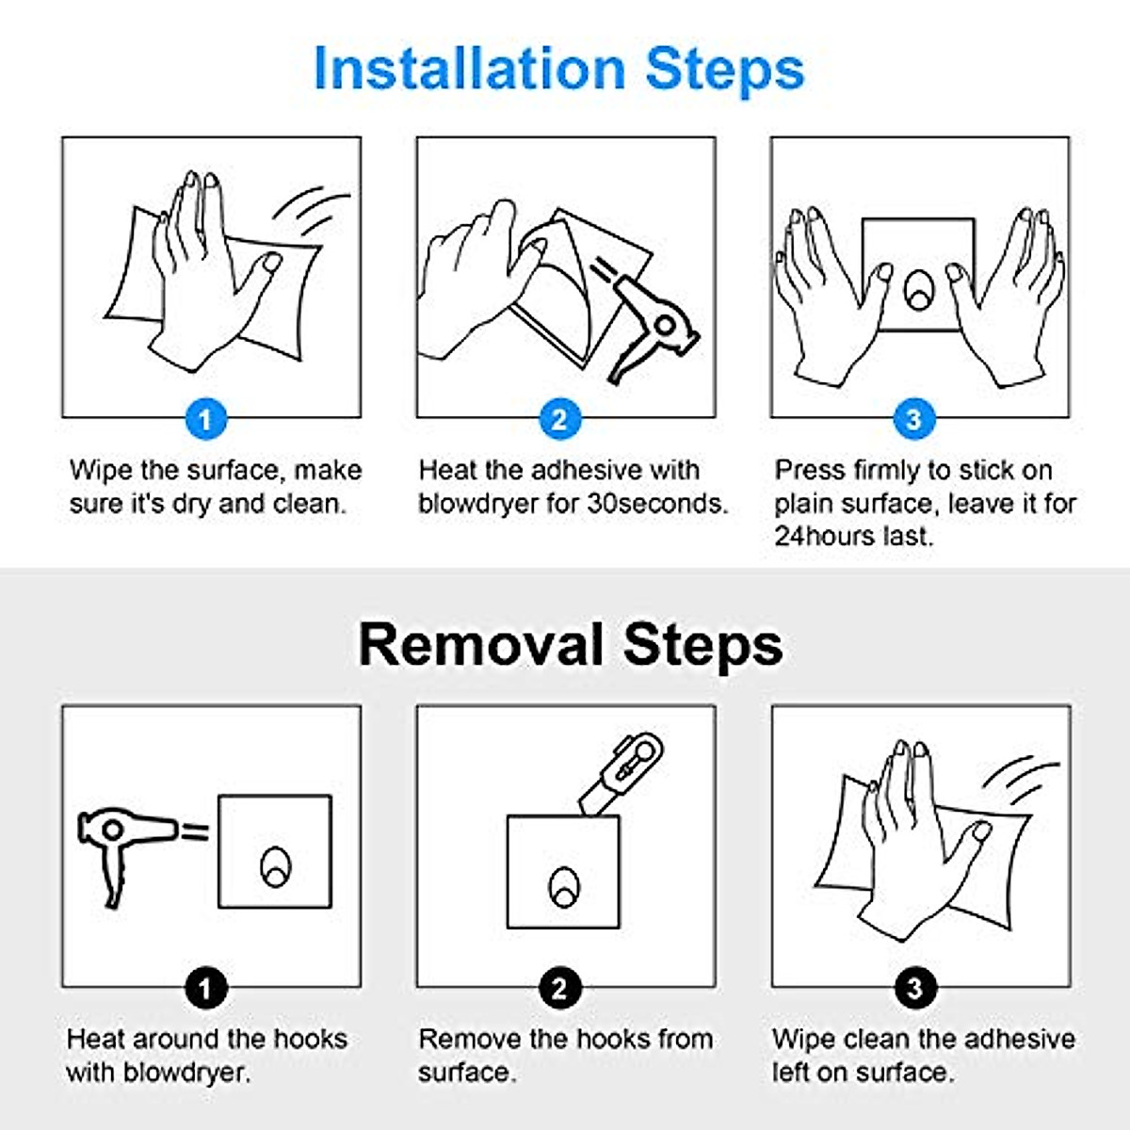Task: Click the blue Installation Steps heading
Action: tap(559, 68)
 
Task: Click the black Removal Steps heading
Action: tap(570, 645)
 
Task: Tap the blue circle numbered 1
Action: tap(206, 418)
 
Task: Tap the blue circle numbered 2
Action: tap(559, 418)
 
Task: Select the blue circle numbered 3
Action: tap(913, 418)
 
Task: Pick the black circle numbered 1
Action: tap(206, 988)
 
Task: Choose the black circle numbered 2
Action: tap(559, 988)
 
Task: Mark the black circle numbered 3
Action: tap(913, 988)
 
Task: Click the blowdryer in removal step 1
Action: tap(122, 843)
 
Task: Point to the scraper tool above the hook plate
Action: tap(621, 772)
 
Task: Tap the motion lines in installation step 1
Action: tap(315, 212)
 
